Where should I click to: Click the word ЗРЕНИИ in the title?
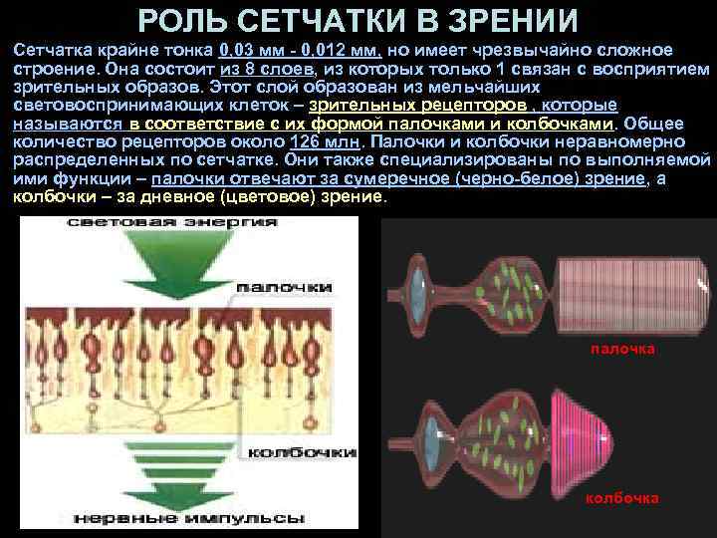517,20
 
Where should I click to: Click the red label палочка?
622,349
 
